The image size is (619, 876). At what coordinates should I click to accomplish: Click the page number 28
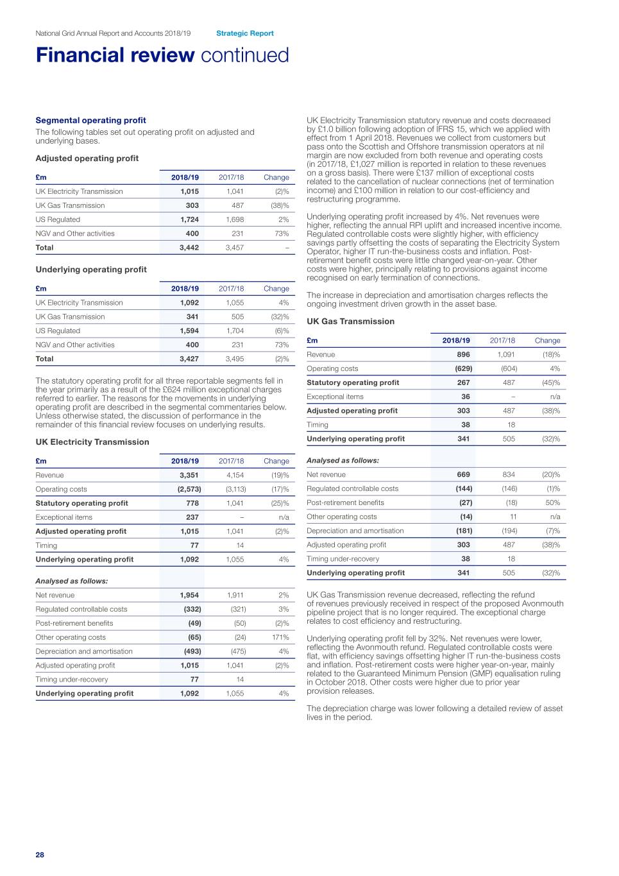tap(40, 855)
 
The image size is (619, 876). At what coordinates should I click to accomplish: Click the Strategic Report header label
tap(244, 33)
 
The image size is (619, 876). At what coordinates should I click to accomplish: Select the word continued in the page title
tap(245, 55)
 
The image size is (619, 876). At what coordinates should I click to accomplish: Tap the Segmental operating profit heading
tap(90, 121)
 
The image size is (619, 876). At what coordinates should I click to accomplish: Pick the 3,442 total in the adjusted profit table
tap(189, 248)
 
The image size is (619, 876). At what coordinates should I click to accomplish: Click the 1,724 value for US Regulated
tap(189, 219)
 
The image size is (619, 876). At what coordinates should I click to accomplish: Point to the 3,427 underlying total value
tap(189, 359)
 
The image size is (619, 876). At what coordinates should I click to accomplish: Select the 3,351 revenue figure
tap(189, 476)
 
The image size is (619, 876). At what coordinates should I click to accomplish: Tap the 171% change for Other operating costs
tap(280, 637)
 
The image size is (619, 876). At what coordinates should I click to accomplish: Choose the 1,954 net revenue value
tap(189, 596)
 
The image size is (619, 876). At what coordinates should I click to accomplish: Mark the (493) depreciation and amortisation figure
tap(192, 651)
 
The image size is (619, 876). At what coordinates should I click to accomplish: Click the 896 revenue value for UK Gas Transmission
tap(463, 355)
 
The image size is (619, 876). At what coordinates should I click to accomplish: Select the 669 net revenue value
tap(463, 475)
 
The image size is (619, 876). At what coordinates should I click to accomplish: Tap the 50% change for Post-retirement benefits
tap(552, 503)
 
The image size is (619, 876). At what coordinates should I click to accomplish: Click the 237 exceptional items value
tap(192, 517)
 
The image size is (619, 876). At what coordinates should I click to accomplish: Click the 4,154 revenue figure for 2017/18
tap(235, 476)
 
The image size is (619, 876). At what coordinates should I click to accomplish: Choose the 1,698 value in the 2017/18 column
tap(235, 219)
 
